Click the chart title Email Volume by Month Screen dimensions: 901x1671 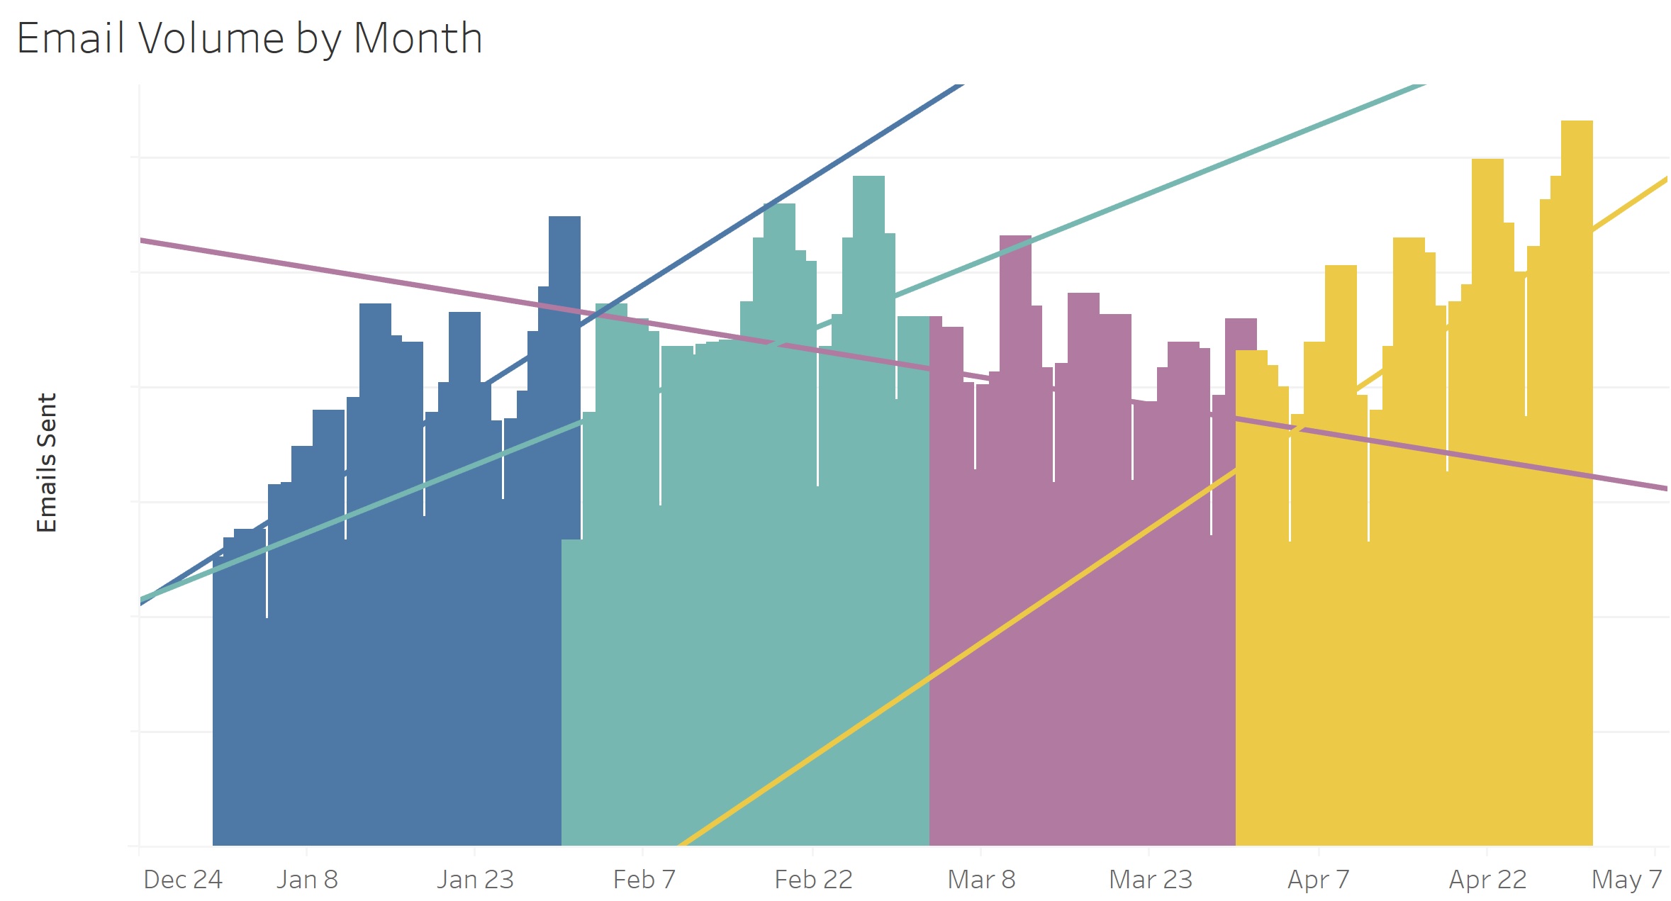click(250, 38)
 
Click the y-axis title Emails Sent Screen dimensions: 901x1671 click(47, 462)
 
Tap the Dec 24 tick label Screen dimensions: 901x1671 click(183, 880)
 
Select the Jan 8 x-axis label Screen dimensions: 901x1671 click(307, 880)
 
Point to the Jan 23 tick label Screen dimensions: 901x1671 click(475, 880)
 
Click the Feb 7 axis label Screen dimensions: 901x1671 click(644, 880)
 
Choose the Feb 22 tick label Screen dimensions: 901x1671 click(813, 880)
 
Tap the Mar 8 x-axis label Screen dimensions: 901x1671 click(981, 880)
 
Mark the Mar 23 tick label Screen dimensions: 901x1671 click(1150, 880)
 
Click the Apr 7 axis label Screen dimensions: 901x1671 click(1318, 880)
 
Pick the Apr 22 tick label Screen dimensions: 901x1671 click(1487, 880)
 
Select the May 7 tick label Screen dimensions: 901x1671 click(1626, 880)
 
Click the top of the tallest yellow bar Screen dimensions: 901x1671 click(1577, 122)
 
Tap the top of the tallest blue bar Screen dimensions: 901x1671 click(564, 218)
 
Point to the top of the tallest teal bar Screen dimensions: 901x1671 click(868, 177)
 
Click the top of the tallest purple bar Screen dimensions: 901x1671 click(1015, 237)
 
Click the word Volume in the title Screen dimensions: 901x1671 click(211, 38)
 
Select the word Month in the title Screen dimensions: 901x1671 click(418, 38)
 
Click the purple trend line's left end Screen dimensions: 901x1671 click(142, 241)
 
